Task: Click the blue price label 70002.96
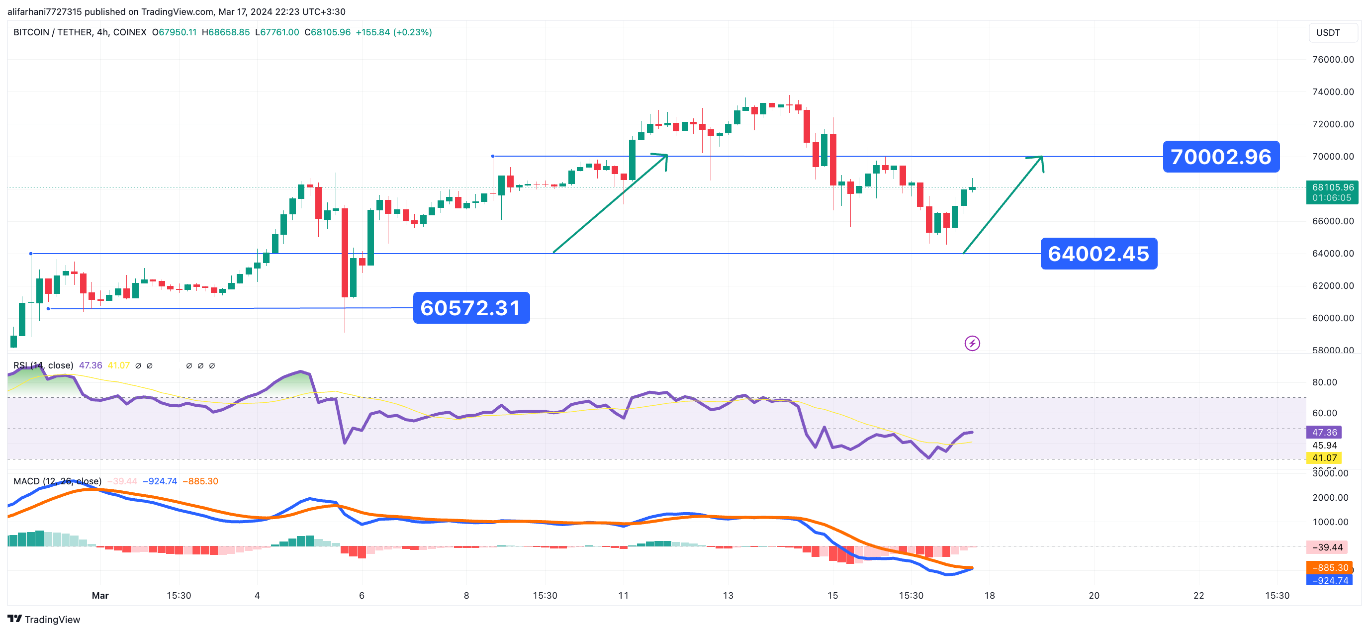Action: point(1221,157)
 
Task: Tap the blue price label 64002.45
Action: point(1098,254)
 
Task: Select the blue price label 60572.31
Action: point(471,308)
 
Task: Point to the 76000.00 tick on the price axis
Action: point(1333,60)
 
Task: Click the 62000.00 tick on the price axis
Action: point(1333,286)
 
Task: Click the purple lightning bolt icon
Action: point(972,344)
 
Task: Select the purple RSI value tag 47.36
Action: point(1324,432)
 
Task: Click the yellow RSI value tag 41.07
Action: point(1324,457)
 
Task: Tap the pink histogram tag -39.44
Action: point(1327,547)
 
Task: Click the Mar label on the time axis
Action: point(100,595)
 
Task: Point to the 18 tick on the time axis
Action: point(989,595)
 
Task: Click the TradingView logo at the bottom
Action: point(44,619)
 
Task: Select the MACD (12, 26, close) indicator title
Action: point(57,481)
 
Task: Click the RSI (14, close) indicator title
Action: point(43,365)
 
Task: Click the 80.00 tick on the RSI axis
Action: point(1324,382)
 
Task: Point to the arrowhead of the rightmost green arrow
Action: point(1041,157)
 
